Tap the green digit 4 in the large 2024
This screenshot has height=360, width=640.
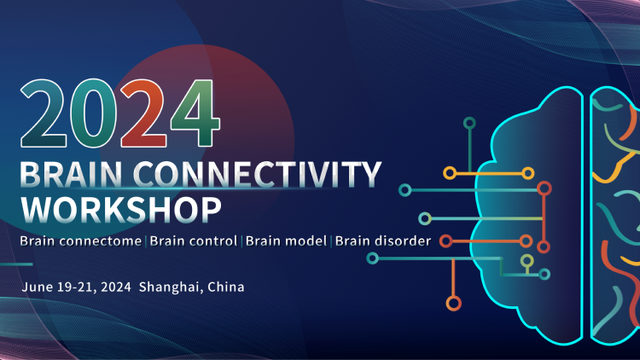[195, 113]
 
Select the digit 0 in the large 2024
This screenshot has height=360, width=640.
[93, 113]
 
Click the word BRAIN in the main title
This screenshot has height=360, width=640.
[71, 174]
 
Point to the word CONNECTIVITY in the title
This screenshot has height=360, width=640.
[257, 174]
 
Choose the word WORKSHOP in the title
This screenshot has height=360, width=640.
[121, 210]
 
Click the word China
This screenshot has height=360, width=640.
[226, 287]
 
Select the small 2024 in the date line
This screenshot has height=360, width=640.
[116, 287]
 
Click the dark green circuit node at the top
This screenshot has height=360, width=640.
[469, 123]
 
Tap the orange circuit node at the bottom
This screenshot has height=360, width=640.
[453, 303]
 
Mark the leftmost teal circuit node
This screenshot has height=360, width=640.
[372, 258]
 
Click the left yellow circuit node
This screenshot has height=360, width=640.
[450, 173]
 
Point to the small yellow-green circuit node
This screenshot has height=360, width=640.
[527, 260]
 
